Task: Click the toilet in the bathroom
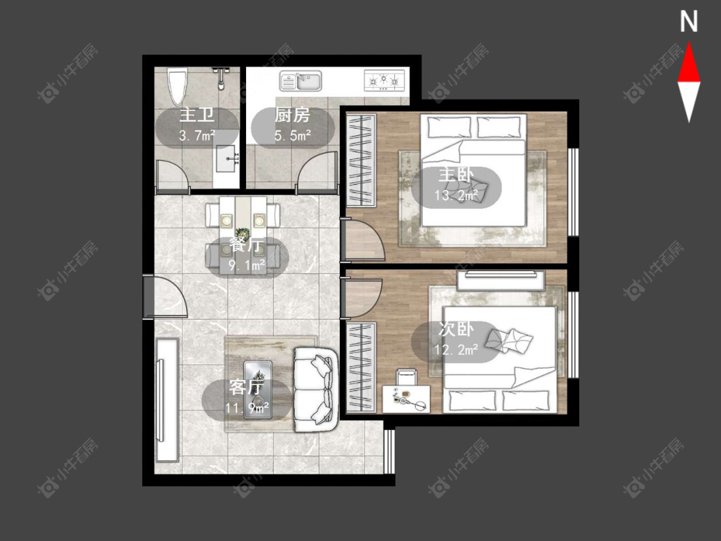178,87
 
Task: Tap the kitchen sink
301,81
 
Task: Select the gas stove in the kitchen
385,80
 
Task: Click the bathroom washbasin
226,159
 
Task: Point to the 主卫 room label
197,115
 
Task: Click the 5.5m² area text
292,135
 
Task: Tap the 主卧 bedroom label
456,175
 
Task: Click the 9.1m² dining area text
247,265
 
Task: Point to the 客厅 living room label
247,387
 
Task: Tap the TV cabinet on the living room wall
167,400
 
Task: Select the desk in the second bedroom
406,399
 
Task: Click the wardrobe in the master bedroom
361,160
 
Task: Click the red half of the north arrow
689,63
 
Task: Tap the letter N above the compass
689,22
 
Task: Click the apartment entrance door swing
170,297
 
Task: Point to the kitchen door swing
317,172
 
